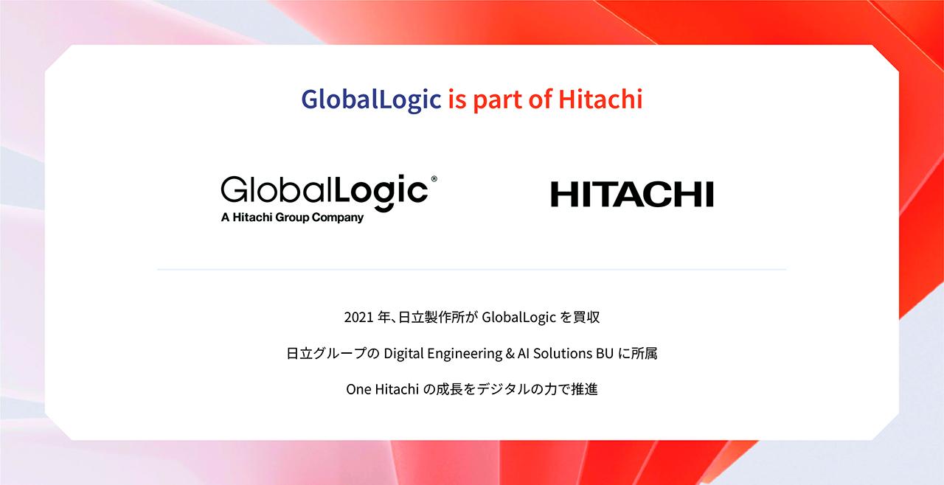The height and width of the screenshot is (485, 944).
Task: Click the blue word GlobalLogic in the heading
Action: point(371,100)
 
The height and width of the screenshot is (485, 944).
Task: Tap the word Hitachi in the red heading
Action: point(600,100)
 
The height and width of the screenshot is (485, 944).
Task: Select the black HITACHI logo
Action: point(632,195)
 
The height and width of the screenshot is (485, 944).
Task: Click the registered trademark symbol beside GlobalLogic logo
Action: point(434,179)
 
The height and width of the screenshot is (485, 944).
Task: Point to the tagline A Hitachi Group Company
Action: point(292,217)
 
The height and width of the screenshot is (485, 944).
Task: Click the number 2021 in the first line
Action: point(357,318)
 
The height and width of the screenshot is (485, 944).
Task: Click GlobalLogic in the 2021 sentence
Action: point(518,318)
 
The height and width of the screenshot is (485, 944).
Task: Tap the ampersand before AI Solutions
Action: point(510,354)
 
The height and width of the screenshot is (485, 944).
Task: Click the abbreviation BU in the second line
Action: point(605,354)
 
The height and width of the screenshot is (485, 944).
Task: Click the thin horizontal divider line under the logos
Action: point(472,270)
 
